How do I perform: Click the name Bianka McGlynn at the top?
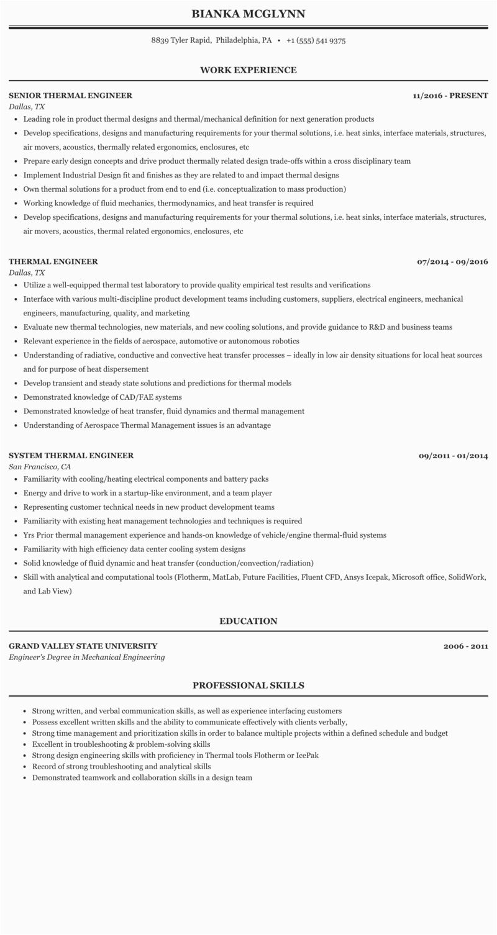[x=248, y=14]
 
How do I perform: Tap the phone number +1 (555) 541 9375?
[x=316, y=40]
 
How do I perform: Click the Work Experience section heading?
[x=248, y=70]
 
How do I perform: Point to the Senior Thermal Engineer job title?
[x=70, y=96]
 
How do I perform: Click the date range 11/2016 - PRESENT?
[x=450, y=96]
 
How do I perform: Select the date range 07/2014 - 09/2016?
[x=452, y=261]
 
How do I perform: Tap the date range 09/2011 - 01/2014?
[x=453, y=456]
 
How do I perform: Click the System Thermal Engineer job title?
[x=71, y=456]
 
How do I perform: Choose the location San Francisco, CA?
[x=40, y=466]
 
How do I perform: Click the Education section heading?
[x=248, y=621]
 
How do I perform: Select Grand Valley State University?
[x=83, y=646]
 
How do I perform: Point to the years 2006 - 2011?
[x=465, y=646]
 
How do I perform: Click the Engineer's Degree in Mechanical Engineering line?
[x=86, y=657]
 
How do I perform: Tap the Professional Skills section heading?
[x=248, y=685]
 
